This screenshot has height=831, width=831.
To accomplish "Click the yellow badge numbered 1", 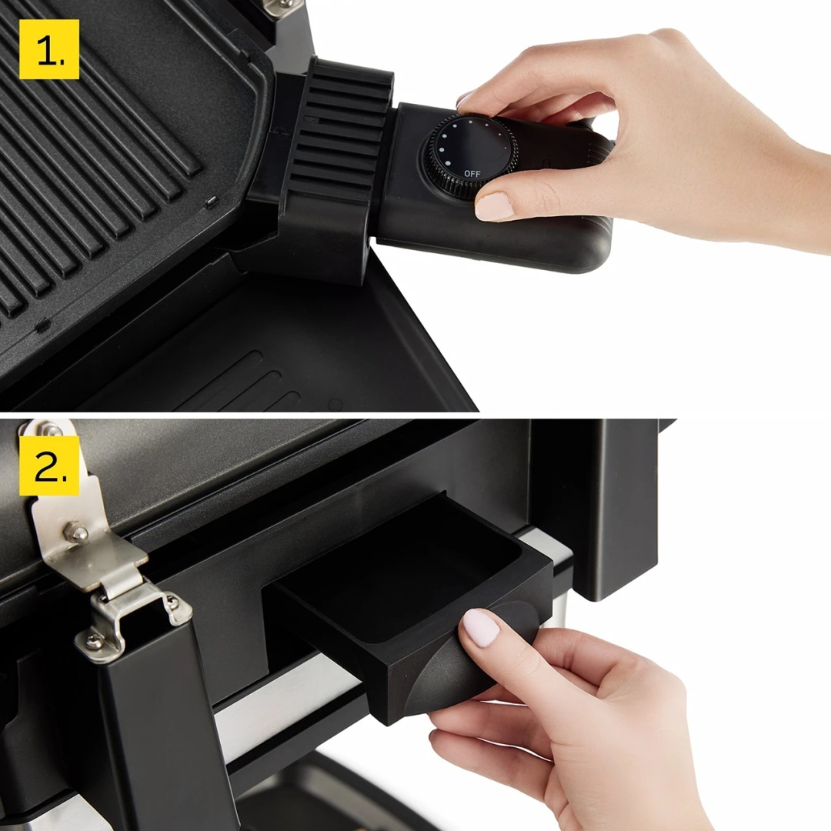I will coord(49,49).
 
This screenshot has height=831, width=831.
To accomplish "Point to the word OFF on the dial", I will coord(472,174).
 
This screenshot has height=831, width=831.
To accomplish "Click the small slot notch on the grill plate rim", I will coord(209,202).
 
